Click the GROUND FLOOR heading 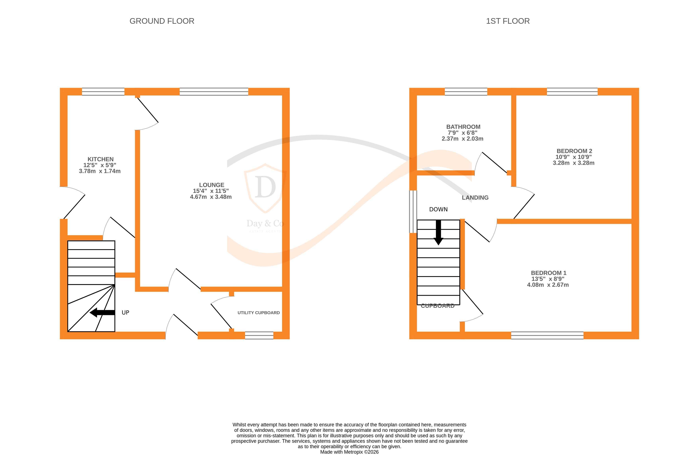[x=162, y=21]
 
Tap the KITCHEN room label [x=100, y=159]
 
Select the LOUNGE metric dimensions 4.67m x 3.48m [x=211, y=197]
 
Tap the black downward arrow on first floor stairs [x=438, y=233]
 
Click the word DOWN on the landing [x=438, y=209]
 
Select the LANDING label [x=475, y=198]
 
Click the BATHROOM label [x=463, y=127]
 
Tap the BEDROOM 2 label [x=574, y=151]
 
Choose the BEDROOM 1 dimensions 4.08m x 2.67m [x=548, y=285]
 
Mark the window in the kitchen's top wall [x=103, y=92]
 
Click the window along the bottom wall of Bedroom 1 [x=547, y=335]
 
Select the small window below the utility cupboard [x=259, y=335]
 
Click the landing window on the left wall [x=413, y=212]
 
